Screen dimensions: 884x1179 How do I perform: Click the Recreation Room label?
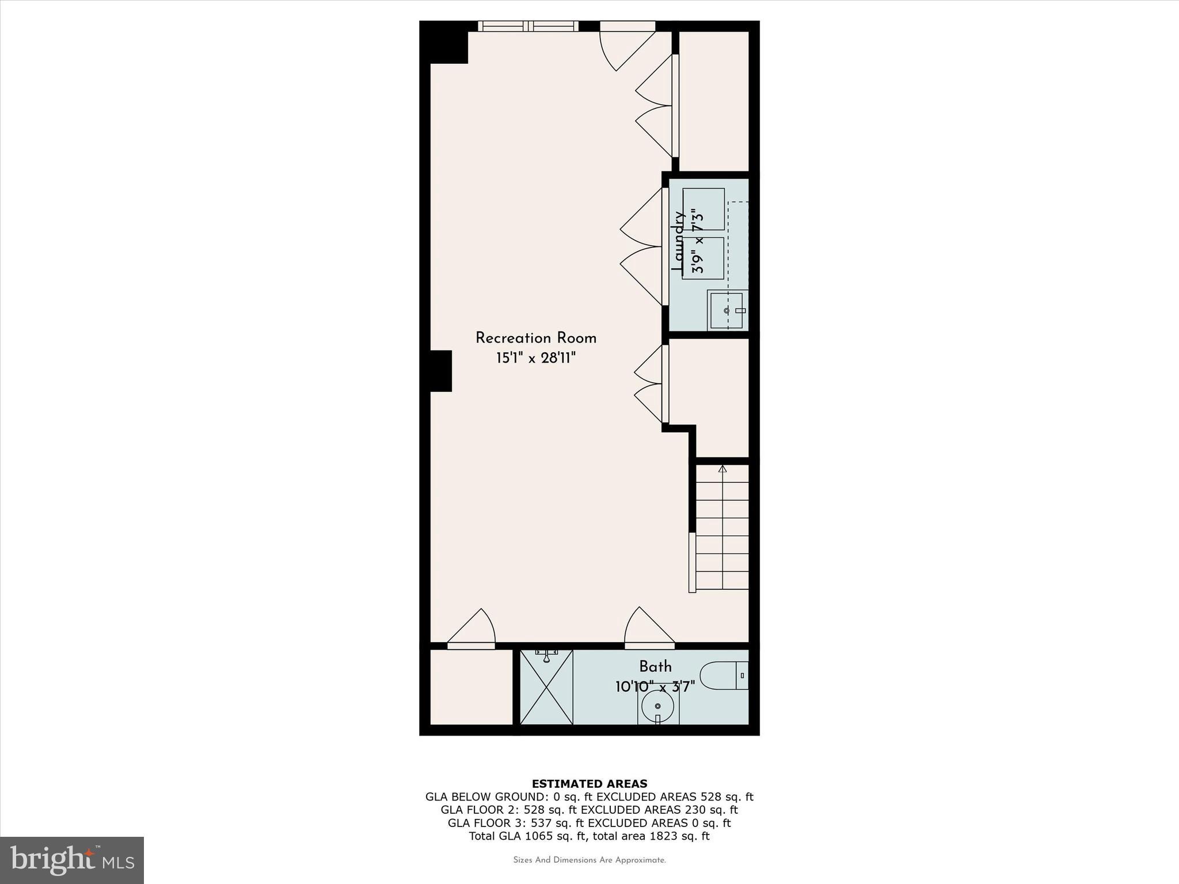(x=535, y=338)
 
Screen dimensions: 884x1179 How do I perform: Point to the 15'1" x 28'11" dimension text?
(x=535, y=359)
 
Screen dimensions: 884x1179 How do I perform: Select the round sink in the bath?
(x=657, y=706)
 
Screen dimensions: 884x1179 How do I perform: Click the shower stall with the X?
(x=546, y=687)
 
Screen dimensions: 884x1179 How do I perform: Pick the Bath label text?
(x=655, y=666)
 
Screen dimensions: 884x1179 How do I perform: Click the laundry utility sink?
(x=727, y=310)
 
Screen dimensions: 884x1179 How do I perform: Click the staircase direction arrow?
(x=722, y=468)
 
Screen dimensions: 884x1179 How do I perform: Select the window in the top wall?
(x=528, y=26)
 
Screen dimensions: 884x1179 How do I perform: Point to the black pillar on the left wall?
(x=441, y=371)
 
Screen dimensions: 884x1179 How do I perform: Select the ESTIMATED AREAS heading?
(x=589, y=784)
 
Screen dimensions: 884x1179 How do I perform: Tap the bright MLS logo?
(x=72, y=860)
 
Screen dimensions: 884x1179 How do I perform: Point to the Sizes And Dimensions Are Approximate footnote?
(x=589, y=860)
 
